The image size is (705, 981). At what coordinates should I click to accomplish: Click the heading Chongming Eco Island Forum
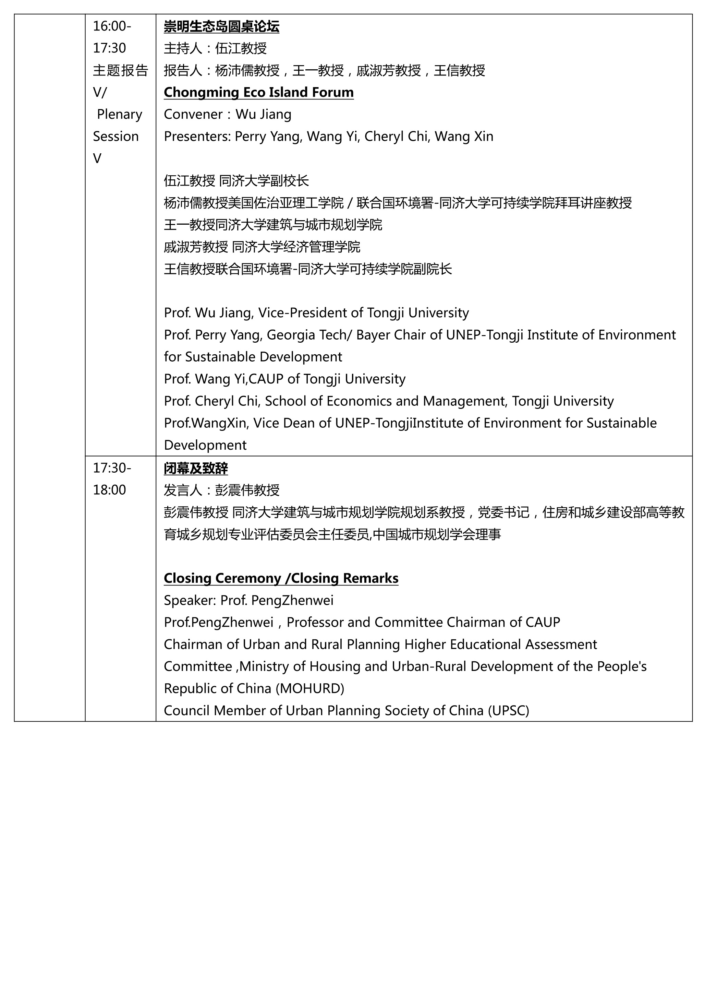tap(258, 92)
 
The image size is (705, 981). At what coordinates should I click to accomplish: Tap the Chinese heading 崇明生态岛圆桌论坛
tap(221, 27)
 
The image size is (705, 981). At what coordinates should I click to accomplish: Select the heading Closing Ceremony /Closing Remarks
tap(281, 578)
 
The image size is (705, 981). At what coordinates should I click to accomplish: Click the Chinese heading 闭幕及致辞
tap(196, 469)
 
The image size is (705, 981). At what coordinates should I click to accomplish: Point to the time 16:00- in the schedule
tap(112, 26)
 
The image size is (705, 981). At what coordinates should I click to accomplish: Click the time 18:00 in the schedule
tap(109, 490)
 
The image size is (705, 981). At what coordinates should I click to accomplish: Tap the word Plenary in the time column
tap(119, 114)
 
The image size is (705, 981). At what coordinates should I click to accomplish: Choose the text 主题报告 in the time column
tap(121, 71)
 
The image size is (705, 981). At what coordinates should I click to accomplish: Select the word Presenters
tap(197, 136)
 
